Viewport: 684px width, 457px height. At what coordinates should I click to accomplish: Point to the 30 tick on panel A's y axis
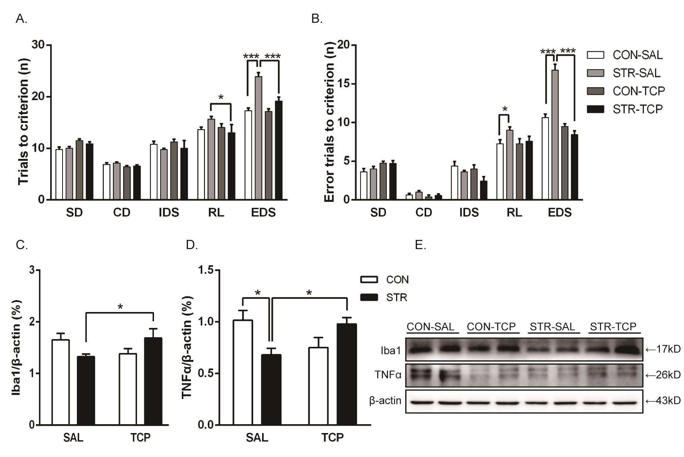point(39,45)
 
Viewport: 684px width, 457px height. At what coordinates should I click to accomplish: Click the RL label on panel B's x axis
point(514,213)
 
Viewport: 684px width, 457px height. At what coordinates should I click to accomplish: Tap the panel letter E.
point(420,245)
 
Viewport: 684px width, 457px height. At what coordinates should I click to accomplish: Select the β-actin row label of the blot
point(385,401)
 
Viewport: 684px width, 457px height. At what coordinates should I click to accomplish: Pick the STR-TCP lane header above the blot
point(613,327)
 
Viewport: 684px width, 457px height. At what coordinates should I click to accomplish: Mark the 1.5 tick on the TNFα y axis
point(206,270)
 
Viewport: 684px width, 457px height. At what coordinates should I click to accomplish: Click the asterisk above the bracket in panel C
point(120,307)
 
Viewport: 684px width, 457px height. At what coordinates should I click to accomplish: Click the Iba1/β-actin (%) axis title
point(16,348)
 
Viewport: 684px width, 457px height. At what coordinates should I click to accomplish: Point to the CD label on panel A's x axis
point(122,213)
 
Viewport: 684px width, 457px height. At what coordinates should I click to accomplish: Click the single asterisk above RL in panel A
point(221,97)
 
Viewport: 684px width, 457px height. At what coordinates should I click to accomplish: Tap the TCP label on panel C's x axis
point(140,438)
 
